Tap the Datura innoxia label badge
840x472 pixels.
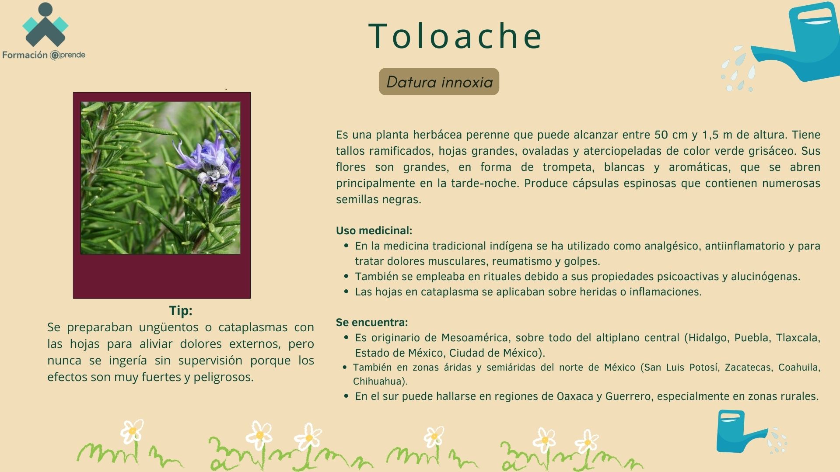[x=439, y=82]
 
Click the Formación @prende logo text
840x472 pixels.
[x=44, y=55]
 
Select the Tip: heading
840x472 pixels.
[x=181, y=311]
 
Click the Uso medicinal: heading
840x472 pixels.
[x=374, y=230]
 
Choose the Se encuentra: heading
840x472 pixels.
[x=372, y=322]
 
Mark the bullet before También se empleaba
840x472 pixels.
[x=346, y=277]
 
